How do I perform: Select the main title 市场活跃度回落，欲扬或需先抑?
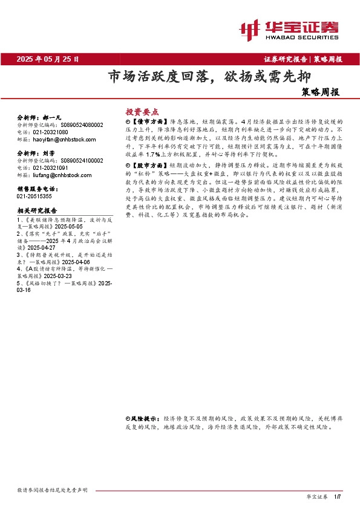201,77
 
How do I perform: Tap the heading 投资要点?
142,112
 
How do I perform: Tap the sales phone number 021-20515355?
34,196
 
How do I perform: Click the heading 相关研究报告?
37,210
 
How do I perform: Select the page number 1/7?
338,496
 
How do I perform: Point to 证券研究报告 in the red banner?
286,59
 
